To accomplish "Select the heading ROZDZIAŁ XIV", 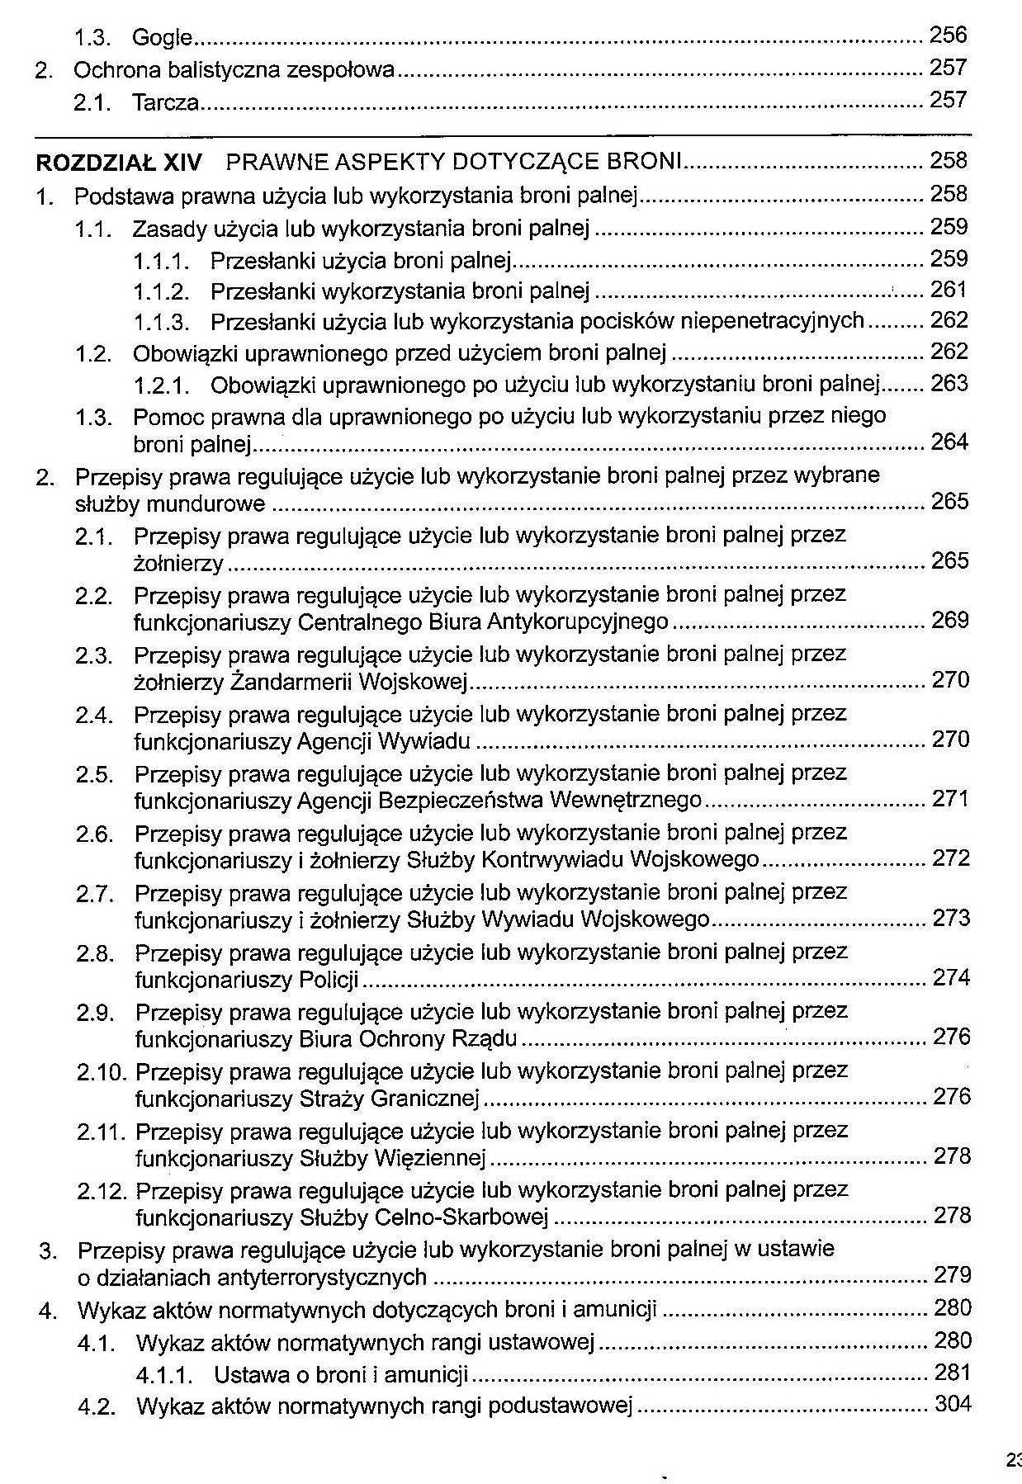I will pos(119,163).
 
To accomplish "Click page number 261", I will pos(949,290).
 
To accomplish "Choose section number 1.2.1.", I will pos(162,385).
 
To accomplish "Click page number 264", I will pos(949,442).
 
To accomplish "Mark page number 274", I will pos(951,978).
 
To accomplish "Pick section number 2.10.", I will pos(102,1072).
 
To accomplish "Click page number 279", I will pos(953,1275).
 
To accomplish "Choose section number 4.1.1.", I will pos(165,1376).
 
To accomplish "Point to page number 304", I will pos(953,1404).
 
